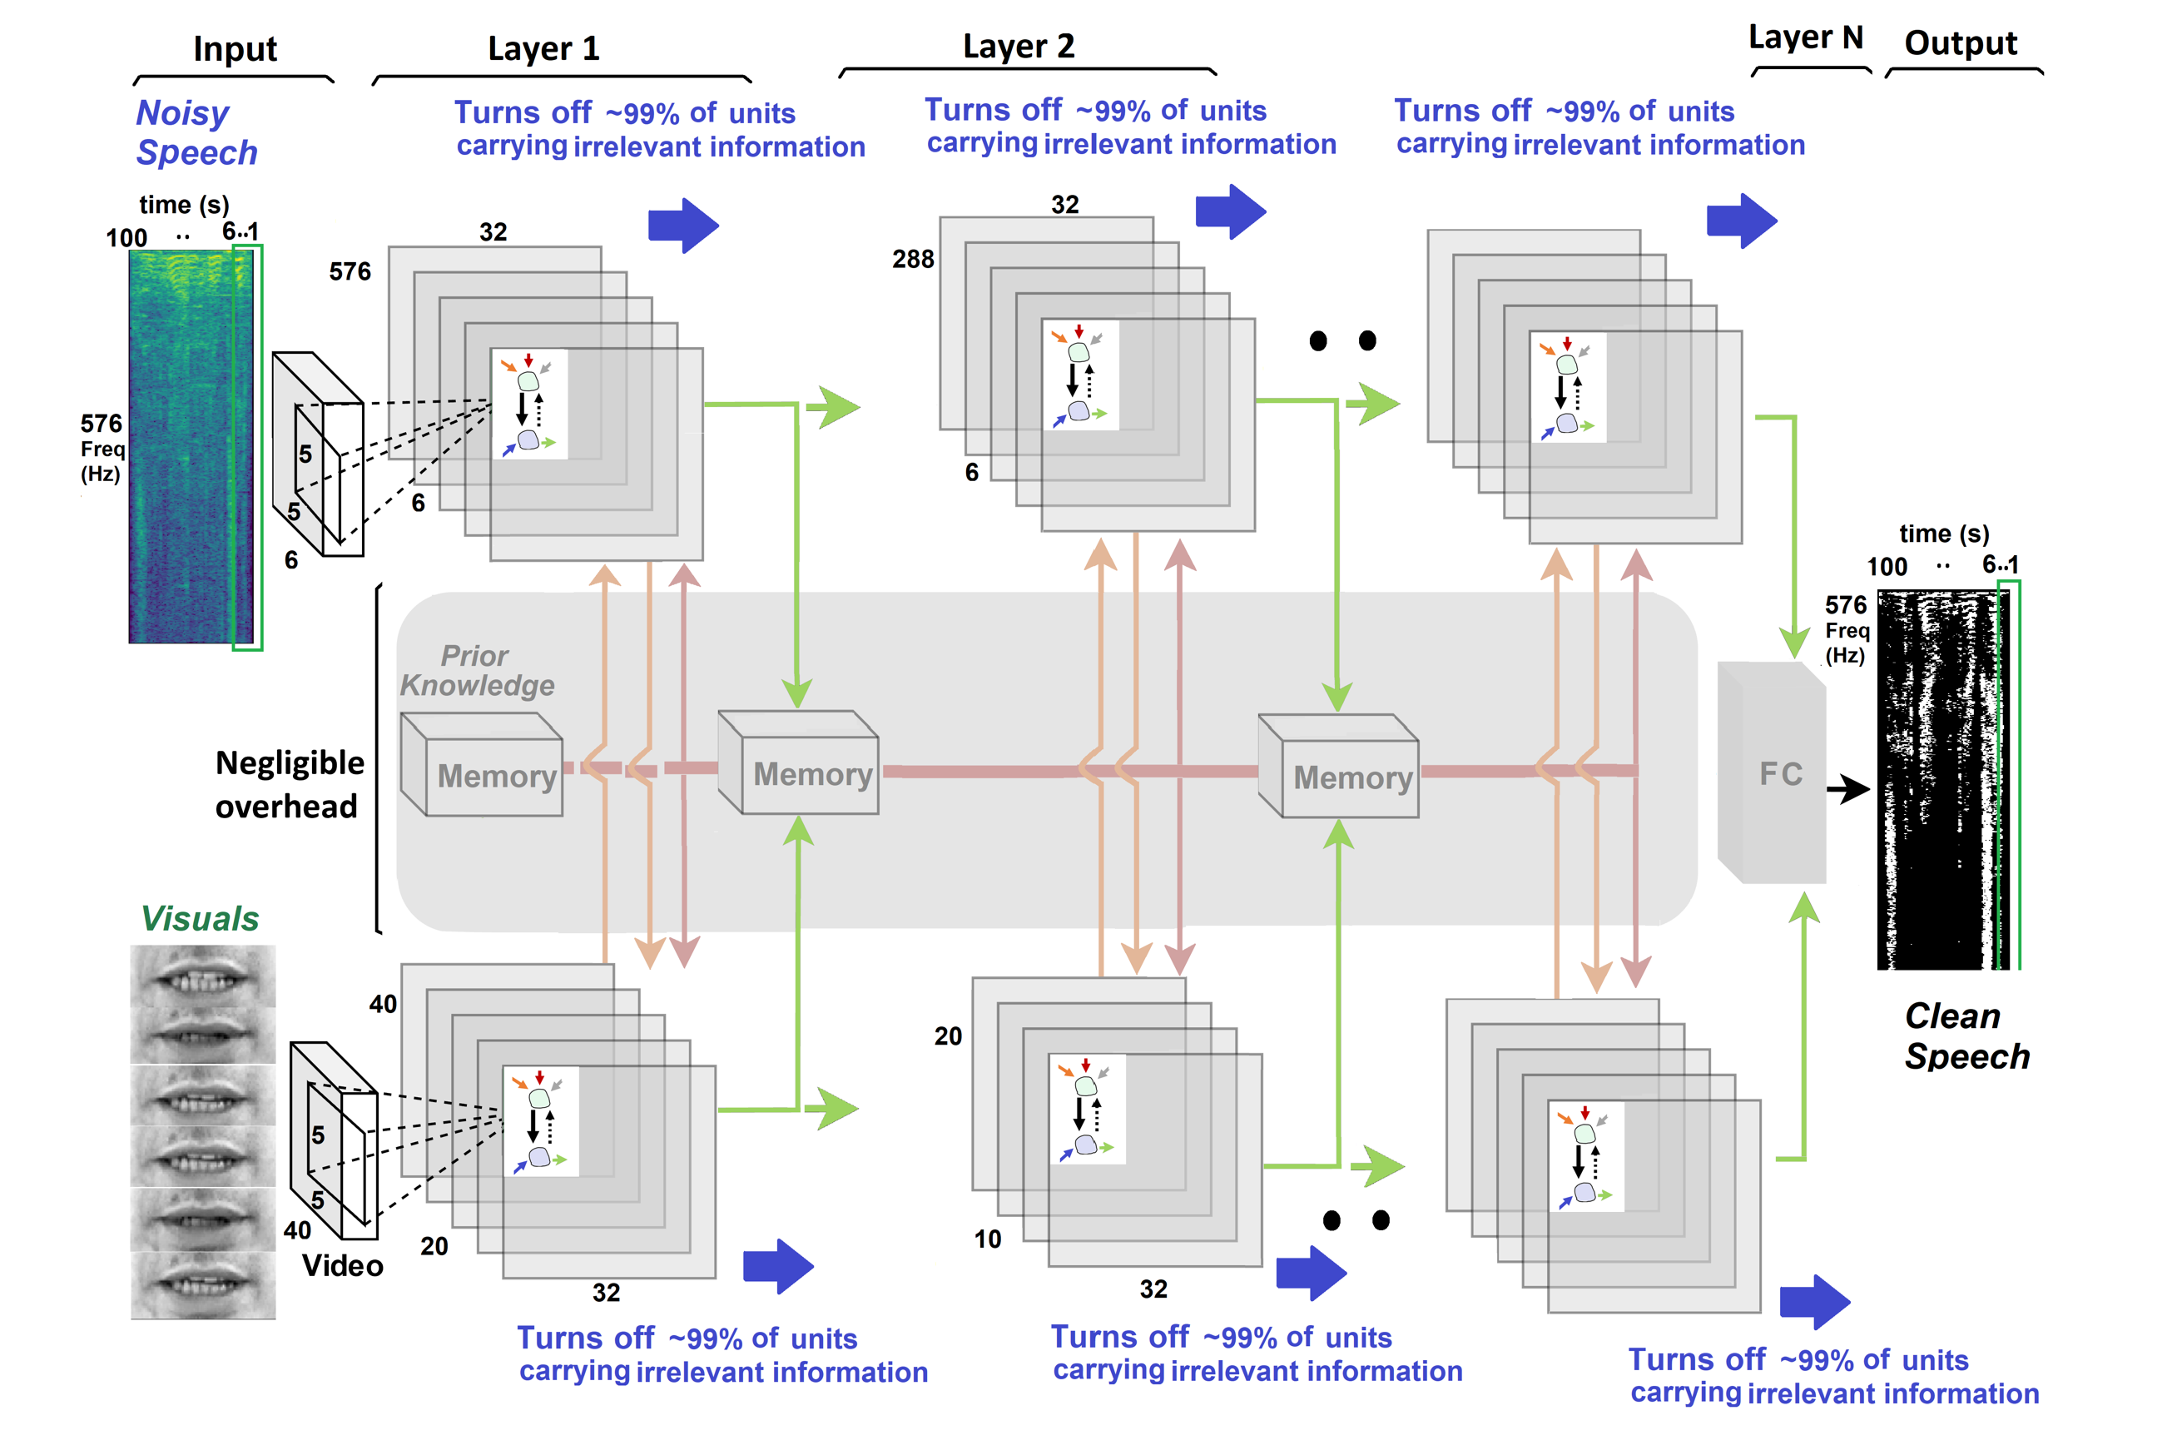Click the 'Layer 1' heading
tap(543, 48)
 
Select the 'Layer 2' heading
tap(1018, 47)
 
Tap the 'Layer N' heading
tap(1805, 37)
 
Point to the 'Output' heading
tap(1960, 42)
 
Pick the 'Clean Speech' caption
tap(1966, 1035)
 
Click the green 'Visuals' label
tap(200, 918)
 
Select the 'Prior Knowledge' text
tap(477, 670)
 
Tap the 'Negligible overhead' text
tap(289, 784)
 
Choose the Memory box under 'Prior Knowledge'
tap(483, 766)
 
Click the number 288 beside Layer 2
tap(913, 260)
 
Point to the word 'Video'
tap(342, 1265)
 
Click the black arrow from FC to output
tap(1848, 789)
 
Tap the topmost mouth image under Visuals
tap(202, 974)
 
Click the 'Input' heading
tap(235, 49)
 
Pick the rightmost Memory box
tap(1340, 767)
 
